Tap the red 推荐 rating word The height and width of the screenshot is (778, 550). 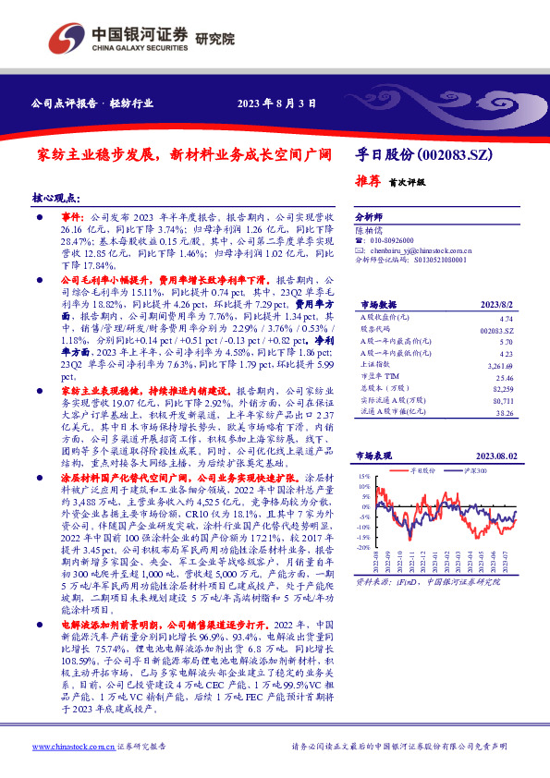[368, 181]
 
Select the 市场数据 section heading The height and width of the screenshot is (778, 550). [378, 303]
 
